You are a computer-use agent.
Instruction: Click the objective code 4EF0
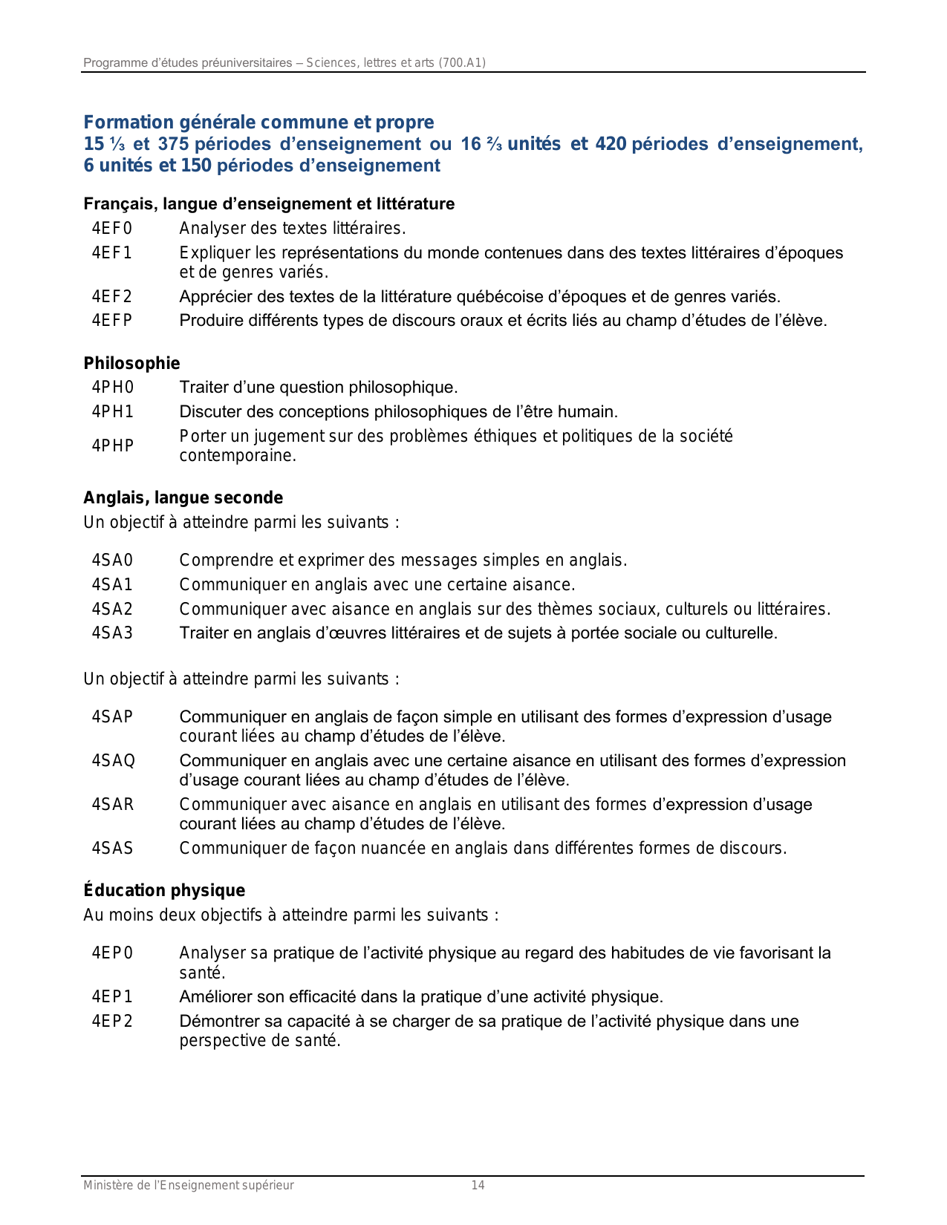click(x=112, y=229)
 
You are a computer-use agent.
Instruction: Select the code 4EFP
click(x=112, y=321)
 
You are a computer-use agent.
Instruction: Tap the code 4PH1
click(x=113, y=412)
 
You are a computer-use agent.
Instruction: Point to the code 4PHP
click(x=113, y=446)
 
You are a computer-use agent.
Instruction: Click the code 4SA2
click(x=112, y=610)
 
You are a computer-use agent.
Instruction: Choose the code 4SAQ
click(x=114, y=761)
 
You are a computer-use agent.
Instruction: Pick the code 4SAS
click(x=113, y=849)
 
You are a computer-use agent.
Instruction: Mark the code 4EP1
click(x=112, y=997)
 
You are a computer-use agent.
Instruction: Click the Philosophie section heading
click(x=131, y=364)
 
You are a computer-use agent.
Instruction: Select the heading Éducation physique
click(x=164, y=891)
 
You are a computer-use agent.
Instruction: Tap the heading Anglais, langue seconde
click(x=183, y=498)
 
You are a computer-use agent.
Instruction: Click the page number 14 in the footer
click(x=478, y=1186)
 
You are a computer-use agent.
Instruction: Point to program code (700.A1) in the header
click(x=462, y=63)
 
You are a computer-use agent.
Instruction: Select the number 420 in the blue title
click(x=611, y=145)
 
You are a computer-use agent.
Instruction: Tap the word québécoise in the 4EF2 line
click(x=498, y=298)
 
